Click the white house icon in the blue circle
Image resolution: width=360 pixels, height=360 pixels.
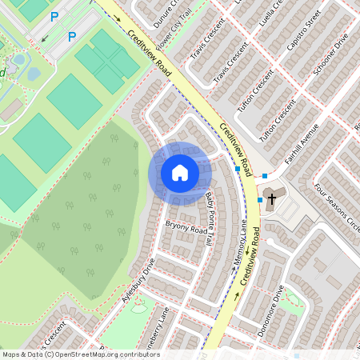[x=179, y=173]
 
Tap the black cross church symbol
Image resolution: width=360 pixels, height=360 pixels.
[x=270, y=198]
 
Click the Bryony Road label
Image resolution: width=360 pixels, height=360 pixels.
[x=186, y=230]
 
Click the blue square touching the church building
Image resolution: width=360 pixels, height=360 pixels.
[x=259, y=200]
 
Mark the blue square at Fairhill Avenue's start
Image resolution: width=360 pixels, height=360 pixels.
[x=265, y=174]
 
